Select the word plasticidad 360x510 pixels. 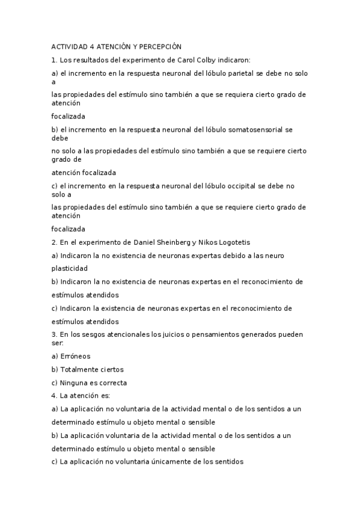click(x=70, y=268)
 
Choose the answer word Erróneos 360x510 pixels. click(x=75, y=357)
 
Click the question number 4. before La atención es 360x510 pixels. click(x=54, y=396)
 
